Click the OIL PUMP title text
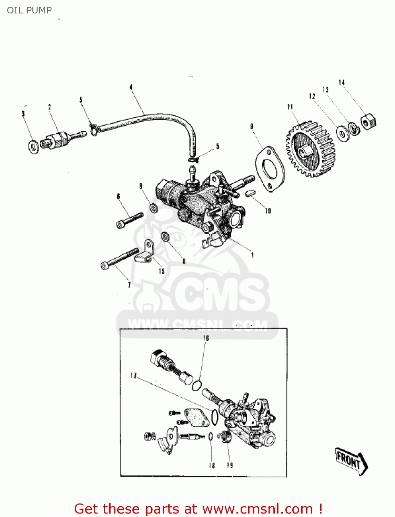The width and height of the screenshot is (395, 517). click(x=29, y=10)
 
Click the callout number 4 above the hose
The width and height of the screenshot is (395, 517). click(x=131, y=87)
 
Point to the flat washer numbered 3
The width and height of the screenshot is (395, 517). click(x=33, y=147)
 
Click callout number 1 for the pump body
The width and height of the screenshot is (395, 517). click(x=253, y=255)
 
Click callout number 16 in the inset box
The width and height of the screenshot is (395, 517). click(x=206, y=338)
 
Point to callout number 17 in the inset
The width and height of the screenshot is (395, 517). click(x=133, y=375)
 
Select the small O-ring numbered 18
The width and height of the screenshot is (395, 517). click(x=210, y=437)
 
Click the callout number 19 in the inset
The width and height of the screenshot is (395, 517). click(x=230, y=465)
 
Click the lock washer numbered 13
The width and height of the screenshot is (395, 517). click(x=354, y=128)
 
